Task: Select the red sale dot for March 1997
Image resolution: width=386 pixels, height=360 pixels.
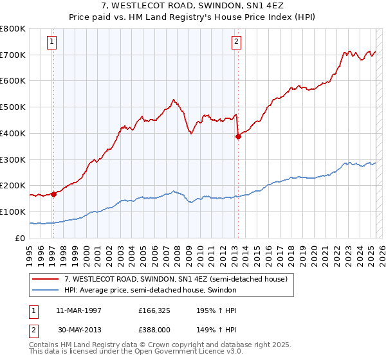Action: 53,195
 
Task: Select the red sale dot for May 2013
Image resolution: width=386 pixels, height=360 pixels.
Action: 238,136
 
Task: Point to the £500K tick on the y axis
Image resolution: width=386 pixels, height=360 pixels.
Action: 14,107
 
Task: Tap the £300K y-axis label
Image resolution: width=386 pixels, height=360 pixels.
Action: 14,159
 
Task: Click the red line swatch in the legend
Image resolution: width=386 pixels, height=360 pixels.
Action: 46,278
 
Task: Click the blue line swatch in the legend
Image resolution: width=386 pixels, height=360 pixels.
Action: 46,290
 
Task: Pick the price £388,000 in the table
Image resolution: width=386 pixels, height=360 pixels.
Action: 156,331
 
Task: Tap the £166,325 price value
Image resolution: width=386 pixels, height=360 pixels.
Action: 156,310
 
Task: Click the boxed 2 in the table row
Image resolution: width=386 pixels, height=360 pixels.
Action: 33,331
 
